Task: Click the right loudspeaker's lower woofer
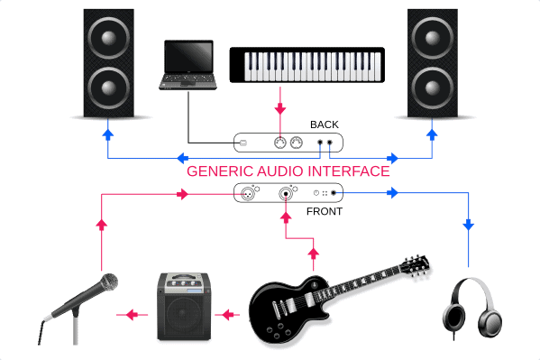tap(434, 89)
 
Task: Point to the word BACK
tap(325, 125)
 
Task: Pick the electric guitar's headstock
tap(416, 263)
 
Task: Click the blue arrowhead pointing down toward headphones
tap(469, 225)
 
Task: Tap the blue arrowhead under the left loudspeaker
tap(108, 134)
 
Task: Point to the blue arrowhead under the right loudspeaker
tap(434, 134)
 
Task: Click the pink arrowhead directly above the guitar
tap(314, 252)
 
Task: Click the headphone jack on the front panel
tap(334, 193)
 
